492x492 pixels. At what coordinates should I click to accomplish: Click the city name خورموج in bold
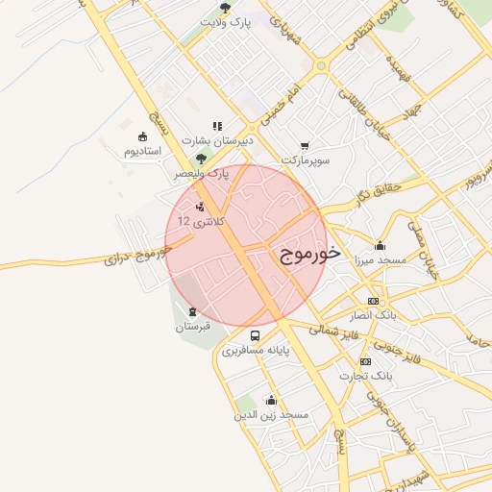pyautogui.click(x=311, y=254)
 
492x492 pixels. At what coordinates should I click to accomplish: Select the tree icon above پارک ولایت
pyautogui.click(x=226, y=8)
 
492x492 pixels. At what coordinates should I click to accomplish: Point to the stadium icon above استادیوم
pyautogui.click(x=143, y=136)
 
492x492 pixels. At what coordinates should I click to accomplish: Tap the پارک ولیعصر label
pyautogui.click(x=203, y=174)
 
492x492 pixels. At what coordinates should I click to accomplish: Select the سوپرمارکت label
pyautogui.click(x=306, y=160)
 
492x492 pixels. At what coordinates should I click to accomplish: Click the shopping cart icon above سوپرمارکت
pyautogui.click(x=306, y=145)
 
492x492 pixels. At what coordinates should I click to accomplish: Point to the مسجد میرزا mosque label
pyautogui.click(x=381, y=259)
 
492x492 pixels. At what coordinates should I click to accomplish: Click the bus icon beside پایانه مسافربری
pyautogui.click(x=255, y=335)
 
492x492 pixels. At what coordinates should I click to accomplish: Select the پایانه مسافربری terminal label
pyautogui.click(x=255, y=350)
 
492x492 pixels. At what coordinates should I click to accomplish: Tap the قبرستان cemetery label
pyautogui.click(x=192, y=327)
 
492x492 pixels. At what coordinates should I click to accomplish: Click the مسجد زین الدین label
pyautogui.click(x=271, y=415)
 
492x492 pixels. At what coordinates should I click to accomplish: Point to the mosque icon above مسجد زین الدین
pyautogui.click(x=271, y=400)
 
